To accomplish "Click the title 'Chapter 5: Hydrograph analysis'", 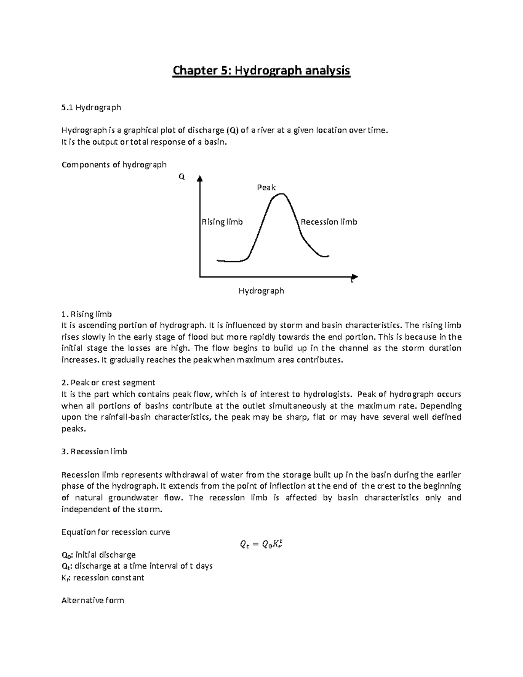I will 261,70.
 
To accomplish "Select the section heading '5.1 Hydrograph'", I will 91,107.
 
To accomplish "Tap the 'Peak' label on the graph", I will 266,187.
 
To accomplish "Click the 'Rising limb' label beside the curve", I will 222,222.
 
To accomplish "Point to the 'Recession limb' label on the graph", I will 329,222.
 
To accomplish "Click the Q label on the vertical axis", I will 182,177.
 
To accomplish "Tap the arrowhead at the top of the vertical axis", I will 200,178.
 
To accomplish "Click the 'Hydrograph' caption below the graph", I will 261,291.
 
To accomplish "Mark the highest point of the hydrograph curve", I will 281,194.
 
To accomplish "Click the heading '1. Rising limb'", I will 87,314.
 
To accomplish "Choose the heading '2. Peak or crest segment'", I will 109,383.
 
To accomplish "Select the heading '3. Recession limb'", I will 94,452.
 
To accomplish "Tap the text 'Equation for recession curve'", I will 115,532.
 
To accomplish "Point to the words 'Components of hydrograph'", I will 114,165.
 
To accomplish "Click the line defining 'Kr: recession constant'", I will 103,578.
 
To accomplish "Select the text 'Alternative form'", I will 93,600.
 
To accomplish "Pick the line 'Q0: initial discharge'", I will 98,555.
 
